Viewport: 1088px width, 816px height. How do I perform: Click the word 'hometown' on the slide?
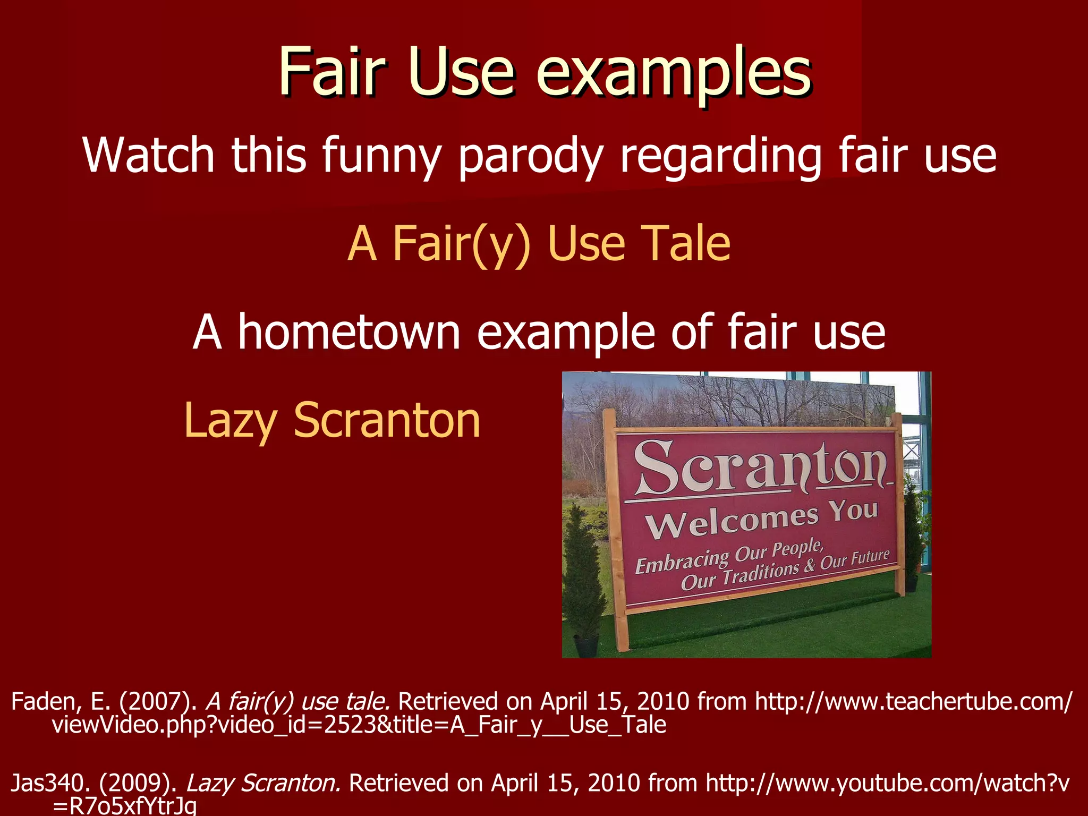348,332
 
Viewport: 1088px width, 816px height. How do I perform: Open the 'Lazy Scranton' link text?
332,420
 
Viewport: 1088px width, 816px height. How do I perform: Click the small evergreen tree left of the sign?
583,574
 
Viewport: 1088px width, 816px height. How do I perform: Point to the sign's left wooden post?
616,531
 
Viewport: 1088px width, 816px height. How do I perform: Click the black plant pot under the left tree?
586,646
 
